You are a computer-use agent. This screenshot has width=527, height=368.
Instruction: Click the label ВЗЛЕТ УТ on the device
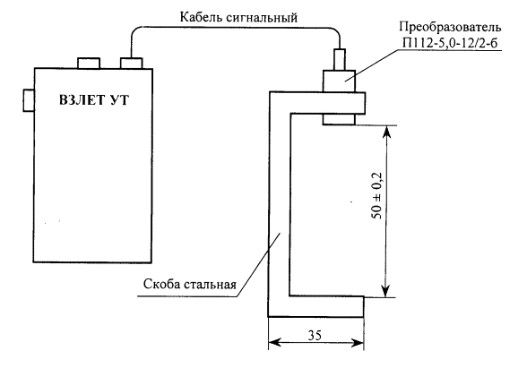click(x=94, y=100)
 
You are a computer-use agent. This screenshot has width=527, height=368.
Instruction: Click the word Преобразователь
click(x=450, y=27)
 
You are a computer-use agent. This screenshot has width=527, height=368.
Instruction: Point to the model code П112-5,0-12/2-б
click(x=450, y=43)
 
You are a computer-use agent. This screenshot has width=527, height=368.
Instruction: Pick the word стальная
click(x=210, y=285)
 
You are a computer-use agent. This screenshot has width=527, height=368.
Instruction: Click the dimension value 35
click(x=315, y=335)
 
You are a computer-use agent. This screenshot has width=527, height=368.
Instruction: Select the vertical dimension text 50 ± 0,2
click(x=377, y=195)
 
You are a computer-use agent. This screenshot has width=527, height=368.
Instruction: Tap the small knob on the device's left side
click(x=29, y=100)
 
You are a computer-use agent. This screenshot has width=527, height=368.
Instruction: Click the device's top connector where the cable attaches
click(x=132, y=63)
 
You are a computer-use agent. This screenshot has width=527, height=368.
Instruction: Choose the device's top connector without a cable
click(x=89, y=63)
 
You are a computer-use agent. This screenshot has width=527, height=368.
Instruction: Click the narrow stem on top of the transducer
click(x=339, y=60)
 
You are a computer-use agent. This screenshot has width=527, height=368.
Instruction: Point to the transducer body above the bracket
click(x=339, y=81)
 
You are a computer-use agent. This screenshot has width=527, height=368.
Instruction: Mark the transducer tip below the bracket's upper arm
click(x=339, y=120)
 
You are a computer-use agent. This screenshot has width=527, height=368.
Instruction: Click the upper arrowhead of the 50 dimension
click(x=386, y=133)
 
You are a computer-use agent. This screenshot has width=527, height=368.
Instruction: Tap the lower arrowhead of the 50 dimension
click(x=386, y=290)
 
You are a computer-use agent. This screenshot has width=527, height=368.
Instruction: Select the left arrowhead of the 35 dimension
click(x=276, y=343)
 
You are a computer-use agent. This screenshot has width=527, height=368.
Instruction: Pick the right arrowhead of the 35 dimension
click(x=357, y=343)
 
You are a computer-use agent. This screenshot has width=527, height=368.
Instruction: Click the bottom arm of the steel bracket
click(x=315, y=306)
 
